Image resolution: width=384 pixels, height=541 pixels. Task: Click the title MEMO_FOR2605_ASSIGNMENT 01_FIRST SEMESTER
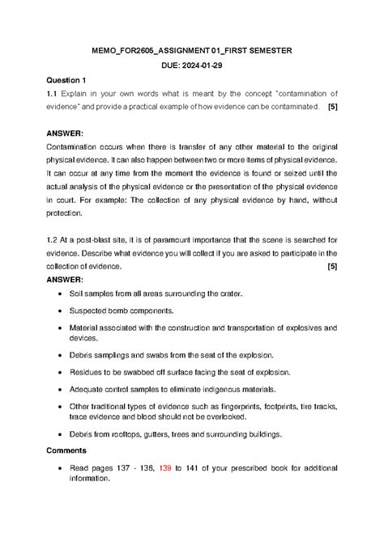pos(192,51)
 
